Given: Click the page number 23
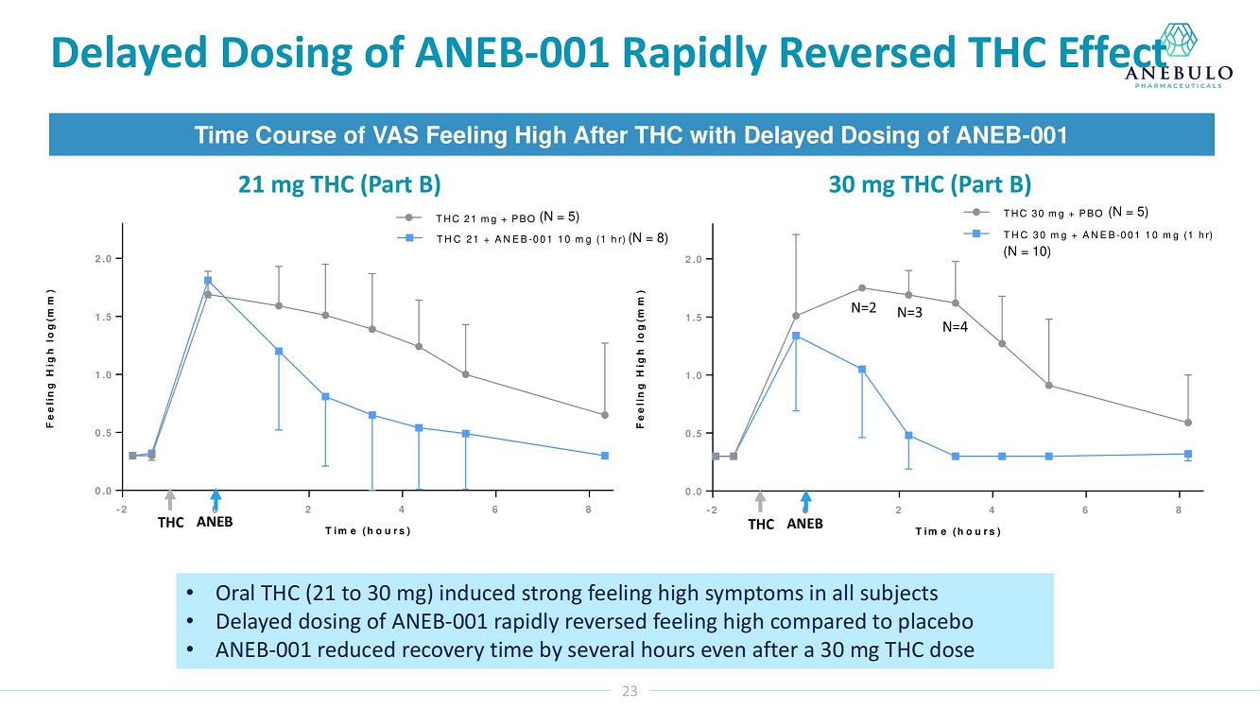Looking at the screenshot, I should [x=630, y=691].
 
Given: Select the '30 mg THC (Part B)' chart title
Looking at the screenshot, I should [x=930, y=183].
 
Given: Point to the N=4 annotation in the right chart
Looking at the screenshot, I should [x=956, y=328].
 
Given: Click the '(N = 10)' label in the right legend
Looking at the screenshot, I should [x=1027, y=251].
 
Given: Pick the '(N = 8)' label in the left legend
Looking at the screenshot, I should [x=648, y=238].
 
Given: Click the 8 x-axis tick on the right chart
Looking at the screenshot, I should [x=1179, y=511].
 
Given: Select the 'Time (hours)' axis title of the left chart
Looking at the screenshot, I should [x=368, y=530].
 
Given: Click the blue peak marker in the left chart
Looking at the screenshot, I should [x=207, y=281].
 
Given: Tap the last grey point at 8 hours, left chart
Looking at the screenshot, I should [x=605, y=415].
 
